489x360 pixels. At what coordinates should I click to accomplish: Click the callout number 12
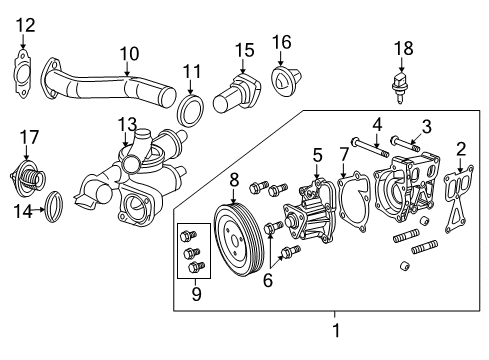point(25,23)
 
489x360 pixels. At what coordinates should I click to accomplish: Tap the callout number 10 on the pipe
point(129,53)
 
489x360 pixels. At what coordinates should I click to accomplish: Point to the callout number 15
point(244,49)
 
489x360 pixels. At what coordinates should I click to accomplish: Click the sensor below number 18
point(401,83)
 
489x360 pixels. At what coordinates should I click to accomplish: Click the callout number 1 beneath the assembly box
point(336,327)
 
